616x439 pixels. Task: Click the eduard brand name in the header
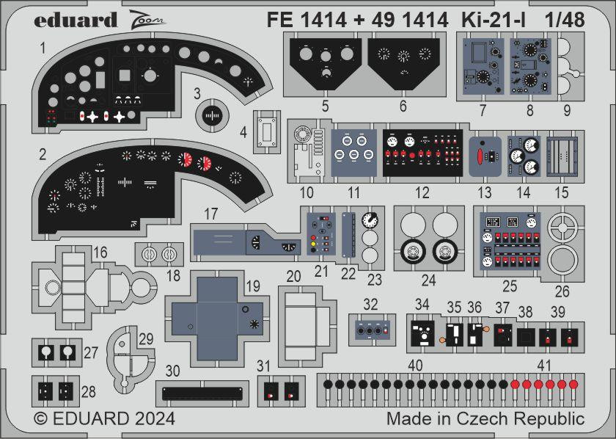(x=75, y=20)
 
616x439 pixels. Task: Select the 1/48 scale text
(x=565, y=21)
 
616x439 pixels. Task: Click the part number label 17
(x=211, y=214)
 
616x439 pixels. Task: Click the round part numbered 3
(x=212, y=116)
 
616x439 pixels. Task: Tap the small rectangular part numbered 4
(x=268, y=133)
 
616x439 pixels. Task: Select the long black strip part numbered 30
(x=202, y=393)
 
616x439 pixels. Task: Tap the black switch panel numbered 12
(x=422, y=153)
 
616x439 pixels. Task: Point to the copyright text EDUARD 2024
(x=105, y=419)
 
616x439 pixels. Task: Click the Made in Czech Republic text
(x=485, y=419)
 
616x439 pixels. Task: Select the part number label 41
(x=543, y=365)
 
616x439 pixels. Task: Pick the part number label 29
(x=145, y=339)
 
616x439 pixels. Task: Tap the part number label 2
(x=43, y=154)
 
